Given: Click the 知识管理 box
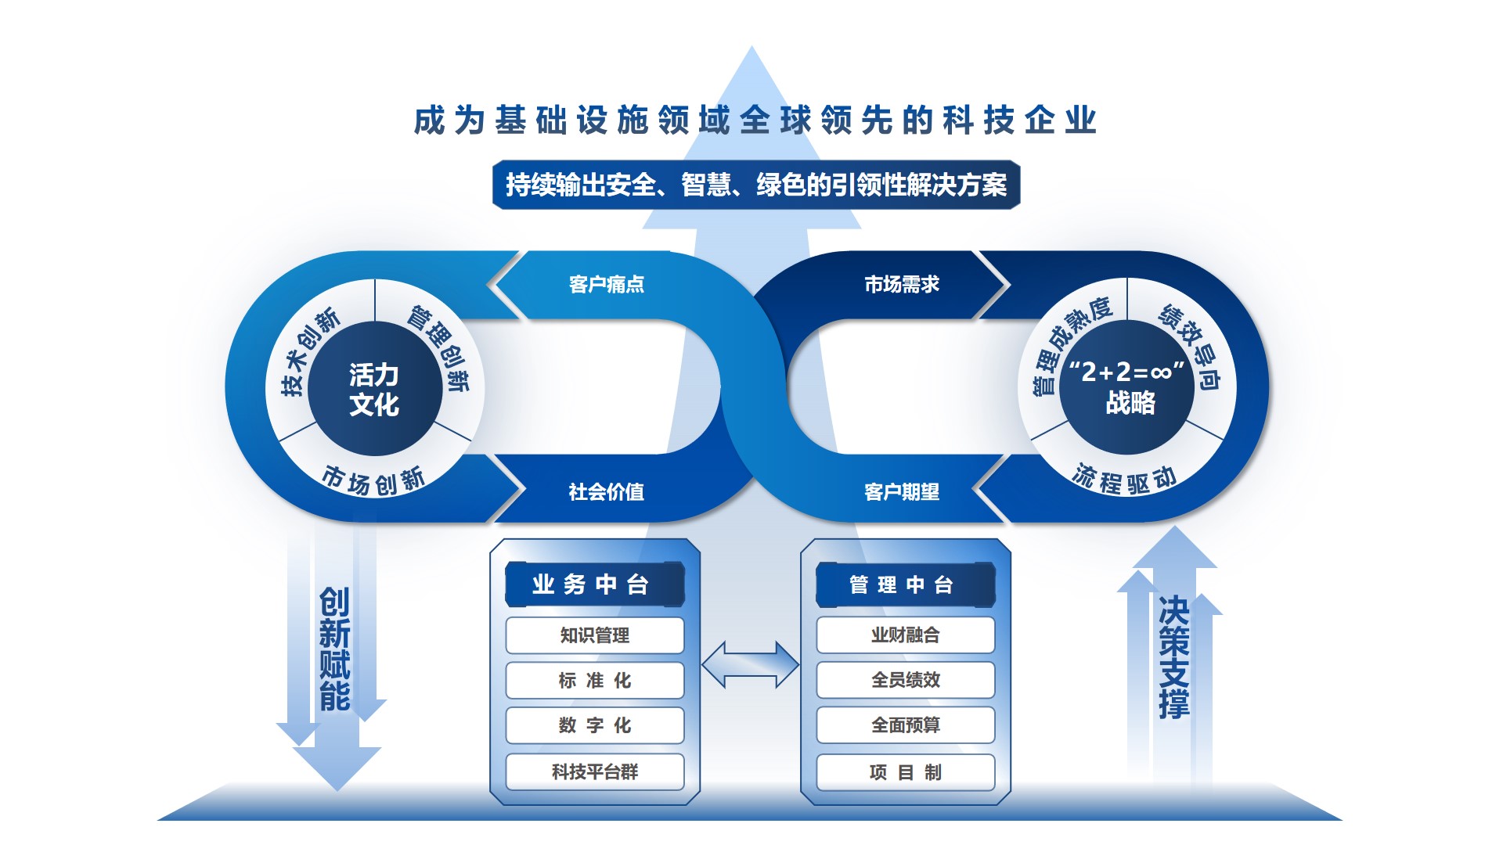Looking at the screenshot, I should pos(595,635).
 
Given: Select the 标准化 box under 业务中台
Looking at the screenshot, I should pos(595,681).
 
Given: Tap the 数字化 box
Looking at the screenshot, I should pos(595,726).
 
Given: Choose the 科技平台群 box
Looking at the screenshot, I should pos(595,772).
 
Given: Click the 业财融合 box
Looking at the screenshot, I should pos(906,635).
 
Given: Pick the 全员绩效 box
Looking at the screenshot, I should pos(906,680).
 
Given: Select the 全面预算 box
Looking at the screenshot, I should pos(906,725).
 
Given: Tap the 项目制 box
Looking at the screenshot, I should pos(906,772).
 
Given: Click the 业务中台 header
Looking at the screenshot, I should pos(595,584).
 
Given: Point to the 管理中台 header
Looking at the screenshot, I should pos(906,584).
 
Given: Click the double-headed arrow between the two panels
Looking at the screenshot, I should pos(750,665).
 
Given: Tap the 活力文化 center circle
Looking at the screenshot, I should pos(375,389).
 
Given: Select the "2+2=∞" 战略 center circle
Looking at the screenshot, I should pos(1127,387).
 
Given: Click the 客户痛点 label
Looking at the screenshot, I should pos(607,285).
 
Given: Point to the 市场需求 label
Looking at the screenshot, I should pos(902,285).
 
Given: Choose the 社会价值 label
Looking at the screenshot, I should pos(607,492).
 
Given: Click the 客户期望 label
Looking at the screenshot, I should pos(902,492).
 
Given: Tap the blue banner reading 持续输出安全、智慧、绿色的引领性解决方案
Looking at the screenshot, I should pos(756,185).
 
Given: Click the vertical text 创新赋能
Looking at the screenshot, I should pos(335,649).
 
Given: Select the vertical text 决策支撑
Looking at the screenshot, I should pos(1174,657).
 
